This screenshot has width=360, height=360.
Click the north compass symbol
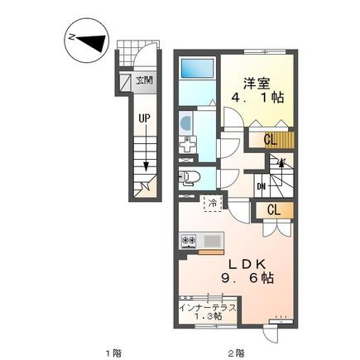[x=86, y=41]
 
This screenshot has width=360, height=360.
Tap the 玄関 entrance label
[x=144, y=80]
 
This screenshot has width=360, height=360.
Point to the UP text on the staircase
[x=144, y=118]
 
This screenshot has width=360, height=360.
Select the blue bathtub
[x=196, y=69]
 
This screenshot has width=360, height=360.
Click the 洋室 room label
[x=257, y=83]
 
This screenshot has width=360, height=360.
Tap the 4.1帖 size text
[x=257, y=98]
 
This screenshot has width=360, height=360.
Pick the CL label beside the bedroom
[x=270, y=140]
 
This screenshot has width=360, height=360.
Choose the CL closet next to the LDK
[x=274, y=210]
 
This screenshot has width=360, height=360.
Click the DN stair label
[x=261, y=187]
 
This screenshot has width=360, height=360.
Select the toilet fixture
[x=189, y=179]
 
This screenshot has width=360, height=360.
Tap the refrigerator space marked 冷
[x=213, y=204]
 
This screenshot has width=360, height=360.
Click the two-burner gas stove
[x=188, y=240]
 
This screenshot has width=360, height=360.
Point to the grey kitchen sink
[x=213, y=241]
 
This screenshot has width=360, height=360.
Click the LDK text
[x=247, y=265]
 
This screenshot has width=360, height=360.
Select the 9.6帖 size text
[x=247, y=278]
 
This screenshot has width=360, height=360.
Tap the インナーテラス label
[x=208, y=308]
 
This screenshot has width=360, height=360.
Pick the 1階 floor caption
[x=113, y=353]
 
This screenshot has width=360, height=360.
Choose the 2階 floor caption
[x=237, y=353]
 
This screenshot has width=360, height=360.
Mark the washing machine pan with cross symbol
[x=188, y=145]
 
